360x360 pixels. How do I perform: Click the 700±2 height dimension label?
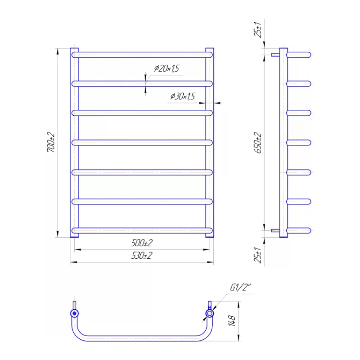(51, 142)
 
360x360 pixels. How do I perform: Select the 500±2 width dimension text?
(142, 243)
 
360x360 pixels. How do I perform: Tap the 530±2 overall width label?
(142, 255)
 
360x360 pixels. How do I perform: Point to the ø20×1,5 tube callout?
(166, 68)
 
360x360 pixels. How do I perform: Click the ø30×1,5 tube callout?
(183, 96)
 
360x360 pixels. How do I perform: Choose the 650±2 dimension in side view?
(257, 143)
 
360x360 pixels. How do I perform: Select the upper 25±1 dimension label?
(257, 30)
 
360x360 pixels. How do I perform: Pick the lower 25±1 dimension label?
(257, 255)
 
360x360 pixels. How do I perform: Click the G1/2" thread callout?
(241, 288)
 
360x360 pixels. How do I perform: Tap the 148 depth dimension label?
(232, 321)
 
